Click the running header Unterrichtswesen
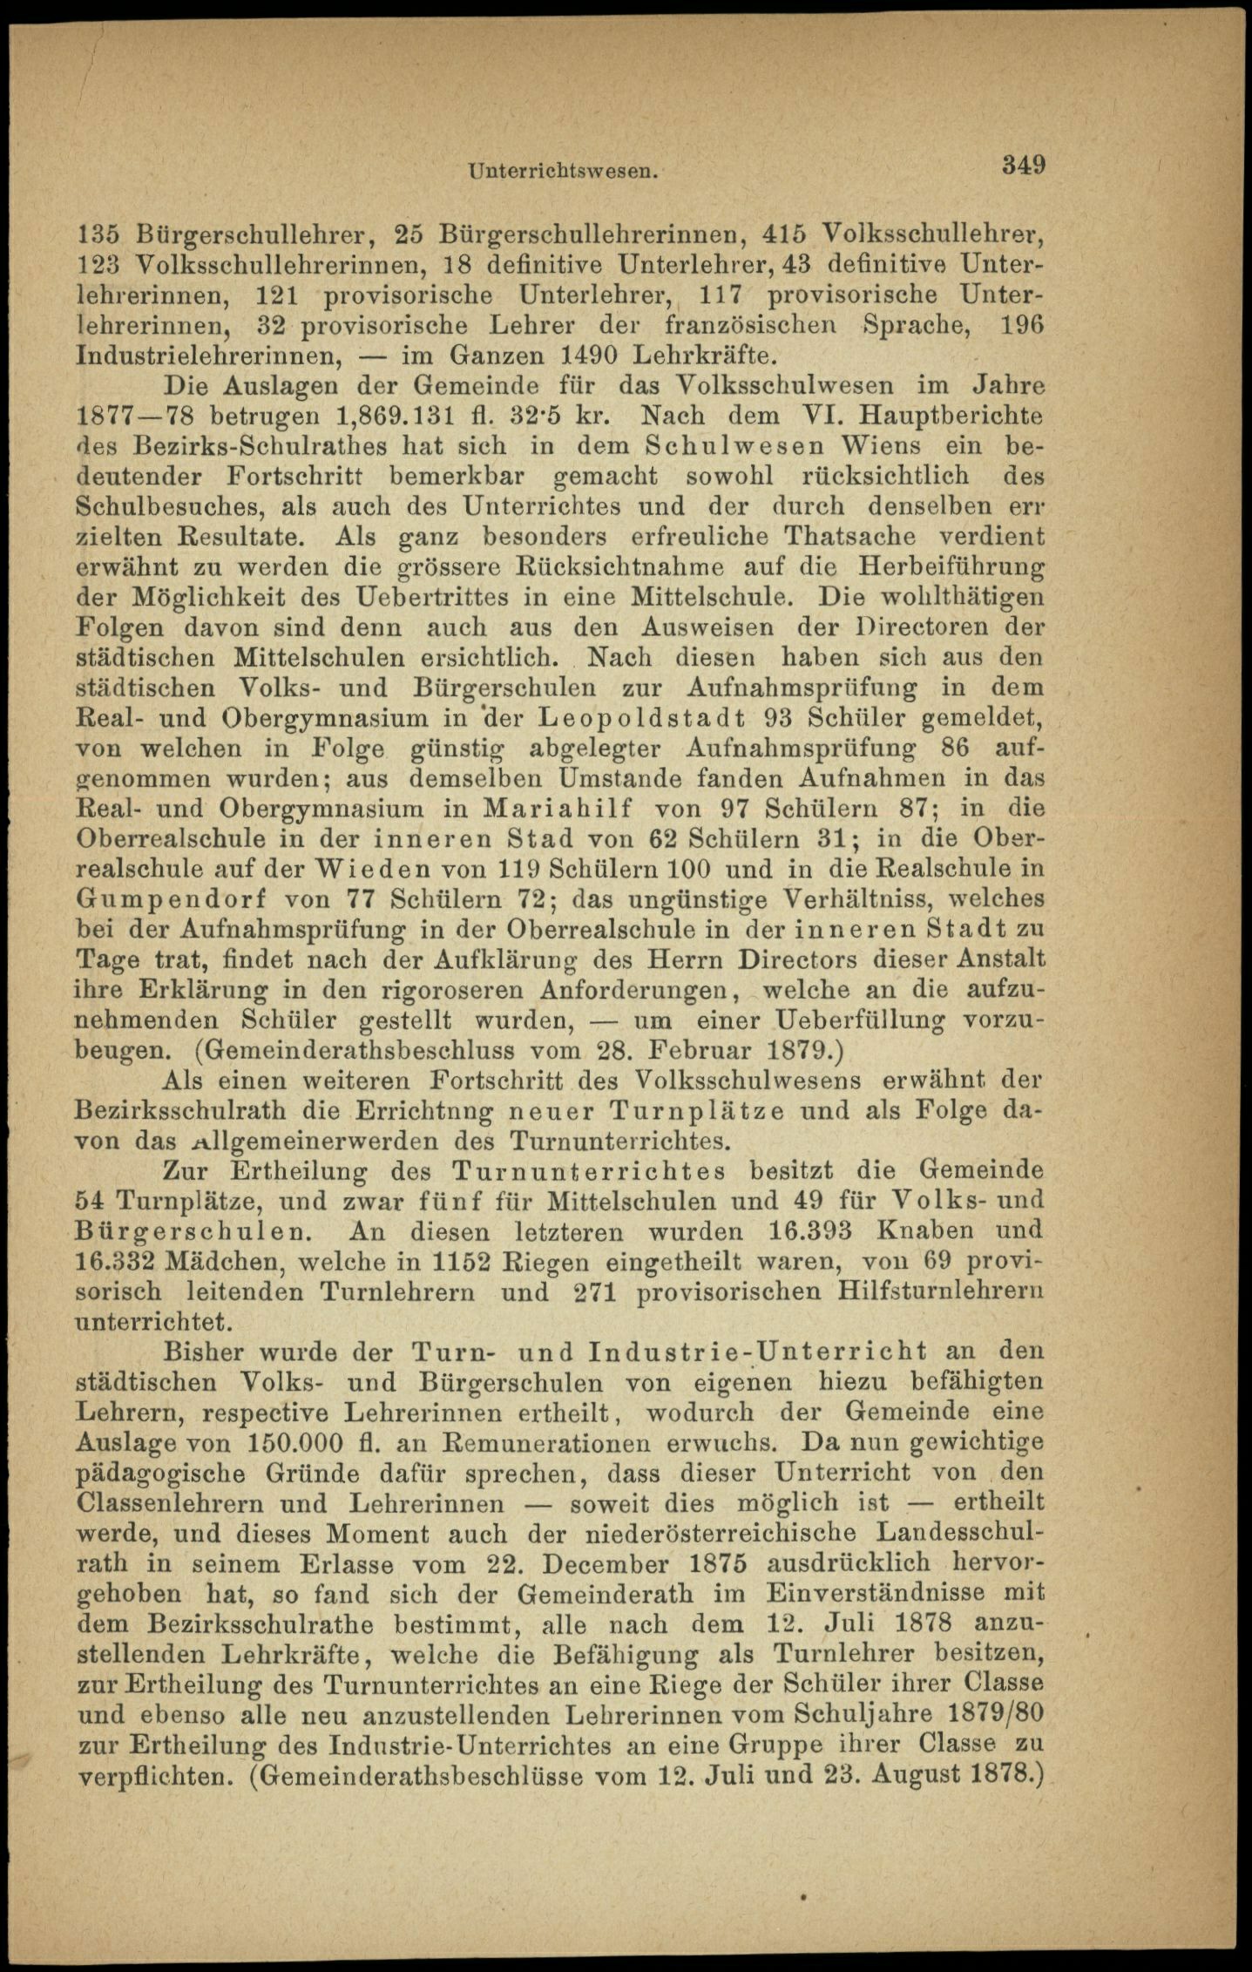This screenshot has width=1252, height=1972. [x=562, y=172]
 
